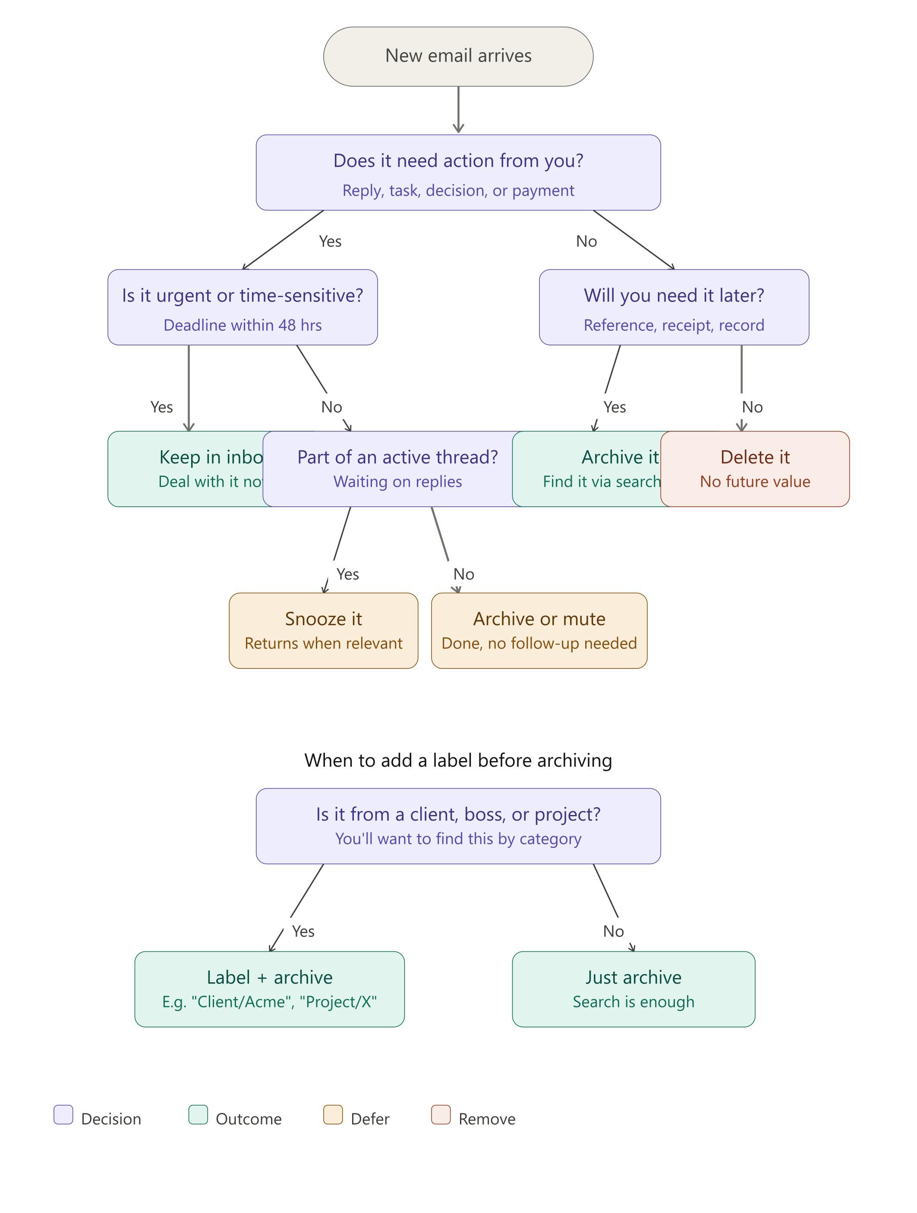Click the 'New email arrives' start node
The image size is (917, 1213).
[458, 56]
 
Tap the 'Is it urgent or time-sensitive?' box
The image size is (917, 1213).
[242, 307]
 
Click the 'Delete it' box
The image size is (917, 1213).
[755, 468]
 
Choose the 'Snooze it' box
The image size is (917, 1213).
[323, 630]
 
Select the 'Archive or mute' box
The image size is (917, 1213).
[539, 630]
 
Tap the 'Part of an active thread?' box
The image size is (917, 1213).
[397, 468]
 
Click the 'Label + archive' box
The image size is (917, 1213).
[269, 989]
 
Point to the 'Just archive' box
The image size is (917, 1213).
[633, 989]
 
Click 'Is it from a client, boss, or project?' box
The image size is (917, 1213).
[458, 826]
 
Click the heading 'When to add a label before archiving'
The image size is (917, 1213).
[458, 761]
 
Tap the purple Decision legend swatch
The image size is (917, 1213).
[63, 1115]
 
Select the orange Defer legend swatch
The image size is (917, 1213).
[333, 1115]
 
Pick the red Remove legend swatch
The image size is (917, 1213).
[441, 1115]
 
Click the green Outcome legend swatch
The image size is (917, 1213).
[198, 1115]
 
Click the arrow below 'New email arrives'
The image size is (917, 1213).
[458, 110]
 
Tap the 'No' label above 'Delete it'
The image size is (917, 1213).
[752, 407]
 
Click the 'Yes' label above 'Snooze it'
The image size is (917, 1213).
[347, 574]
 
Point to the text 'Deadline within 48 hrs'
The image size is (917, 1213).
[242, 325]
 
